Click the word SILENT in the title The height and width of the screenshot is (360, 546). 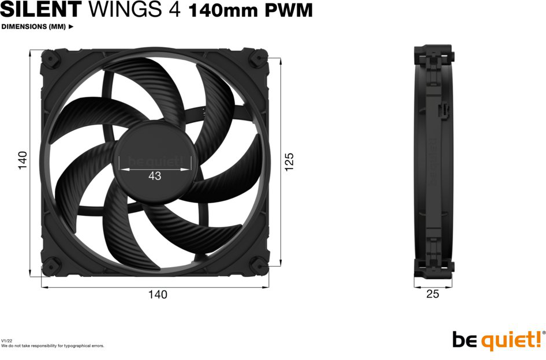pyautogui.click(x=41, y=9)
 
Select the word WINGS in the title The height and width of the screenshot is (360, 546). pyautogui.click(x=125, y=9)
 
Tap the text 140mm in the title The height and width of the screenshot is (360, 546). pyautogui.click(x=223, y=11)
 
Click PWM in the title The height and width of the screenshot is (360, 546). pyautogui.click(x=289, y=11)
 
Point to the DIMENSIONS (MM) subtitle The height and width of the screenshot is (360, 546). pyautogui.click(x=33, y=27)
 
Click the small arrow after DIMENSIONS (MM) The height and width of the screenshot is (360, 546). pyautogui.click(x=71, y=27)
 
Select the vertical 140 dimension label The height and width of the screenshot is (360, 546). pyautogui.click(x=23, y=160)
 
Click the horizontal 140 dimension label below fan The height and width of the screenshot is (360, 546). pyautogui.click(x=158, y=295)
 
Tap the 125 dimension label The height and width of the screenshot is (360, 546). pyautogui.click(x=289, y=162)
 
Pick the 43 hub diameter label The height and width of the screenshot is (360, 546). pyautogui.click(x=155, y=176)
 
